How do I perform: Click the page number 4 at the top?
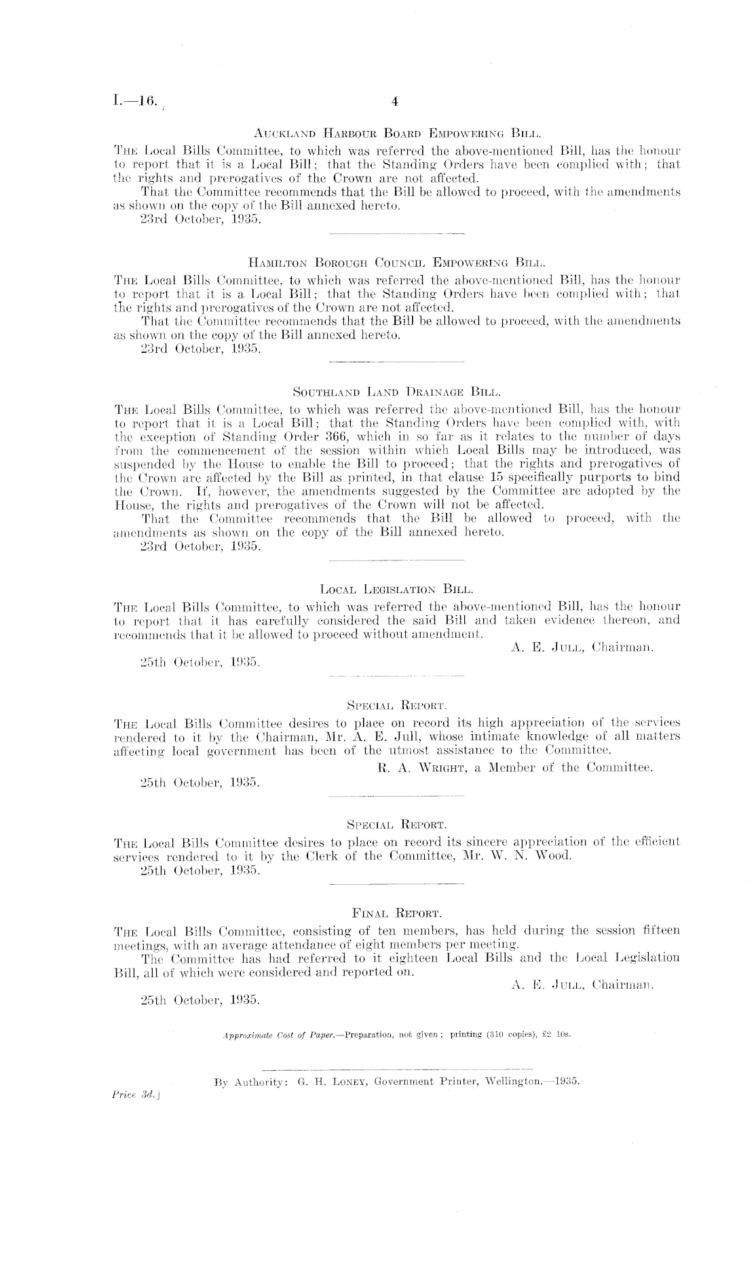coord(394,102)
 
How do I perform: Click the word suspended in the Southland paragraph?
coord(138,463)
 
